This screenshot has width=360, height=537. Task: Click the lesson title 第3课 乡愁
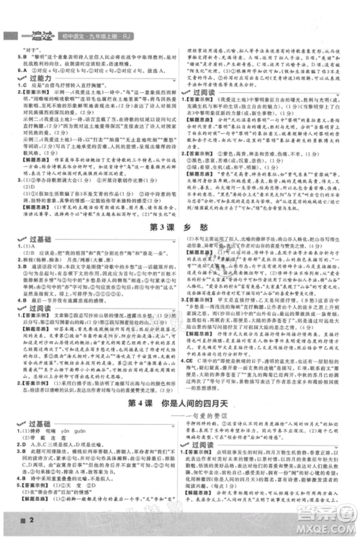179,188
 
